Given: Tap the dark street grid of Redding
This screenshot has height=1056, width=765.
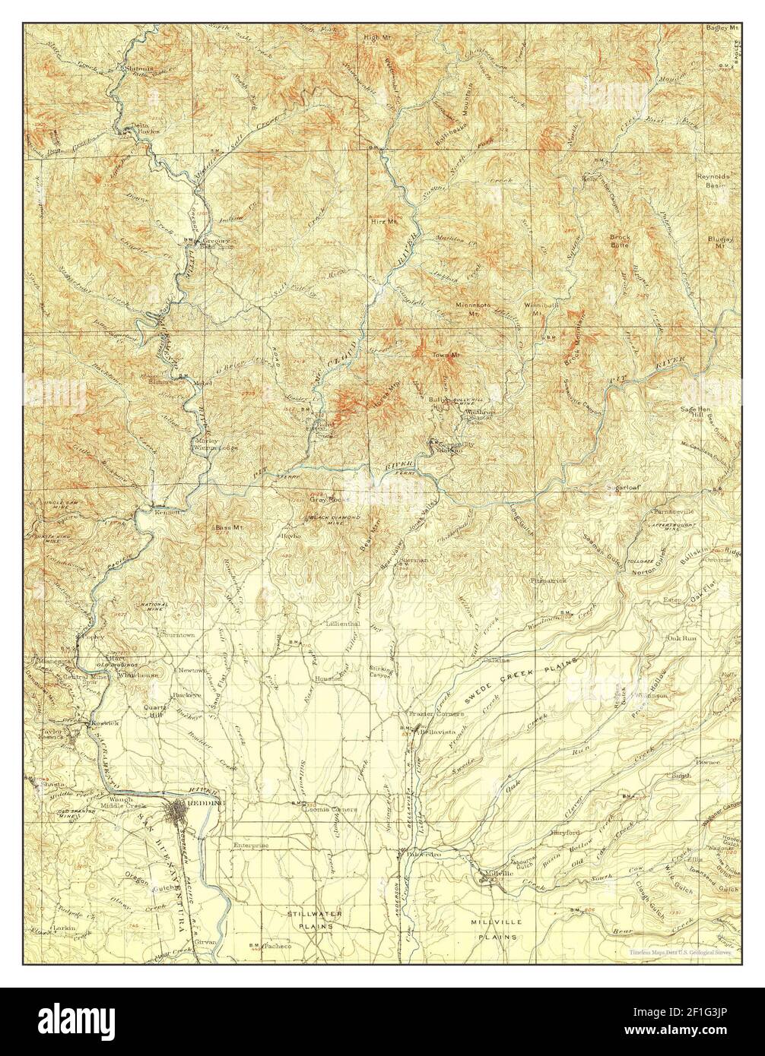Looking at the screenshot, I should [x=186, y=811].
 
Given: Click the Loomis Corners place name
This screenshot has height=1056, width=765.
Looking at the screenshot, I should [x=331, y=810].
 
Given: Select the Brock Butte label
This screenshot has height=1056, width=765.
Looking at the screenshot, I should [x=620, y=242].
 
